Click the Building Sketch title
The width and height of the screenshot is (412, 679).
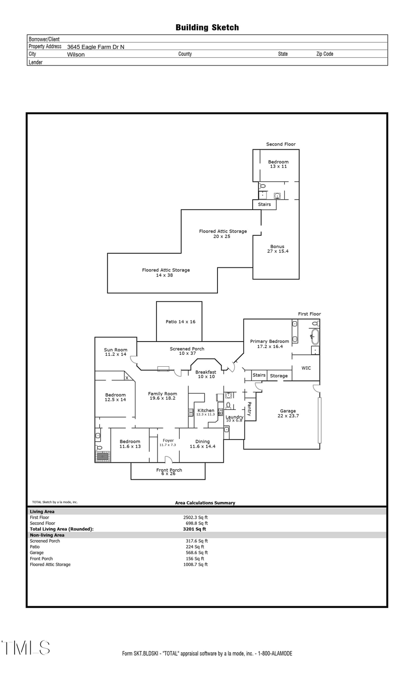pos(207,27)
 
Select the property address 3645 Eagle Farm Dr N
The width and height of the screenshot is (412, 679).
pos(95,47)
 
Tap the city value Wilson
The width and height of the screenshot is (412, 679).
pos(76,54)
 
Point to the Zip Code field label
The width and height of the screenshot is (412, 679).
pos(325,54)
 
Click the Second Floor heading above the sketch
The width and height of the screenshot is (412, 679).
pos(281,144)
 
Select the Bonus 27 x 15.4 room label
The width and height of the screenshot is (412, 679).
pos(277,249)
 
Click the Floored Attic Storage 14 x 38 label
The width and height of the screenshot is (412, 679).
pos(166,272)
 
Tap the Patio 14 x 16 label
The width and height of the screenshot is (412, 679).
pos(180,322)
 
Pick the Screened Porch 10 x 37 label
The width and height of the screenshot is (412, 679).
pos(187,351)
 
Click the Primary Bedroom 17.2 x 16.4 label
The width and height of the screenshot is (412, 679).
pos(269,344)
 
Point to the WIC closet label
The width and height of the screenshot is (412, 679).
pos(306,368)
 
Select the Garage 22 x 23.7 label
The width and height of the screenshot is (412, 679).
pos(288,413)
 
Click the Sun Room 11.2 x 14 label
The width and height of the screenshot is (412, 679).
pos(115,352)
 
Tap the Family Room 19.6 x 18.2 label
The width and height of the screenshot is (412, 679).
pos(163,396)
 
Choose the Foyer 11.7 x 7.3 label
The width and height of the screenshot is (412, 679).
pos(168,442)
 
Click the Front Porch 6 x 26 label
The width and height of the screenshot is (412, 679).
pos(168,472)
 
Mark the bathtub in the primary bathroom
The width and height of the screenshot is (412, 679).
pos(314,337)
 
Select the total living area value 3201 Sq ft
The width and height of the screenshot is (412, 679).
pos(195,529)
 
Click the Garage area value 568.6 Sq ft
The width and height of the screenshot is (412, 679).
pos(196,553)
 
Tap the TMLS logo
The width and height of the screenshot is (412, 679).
pos(26,648)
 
